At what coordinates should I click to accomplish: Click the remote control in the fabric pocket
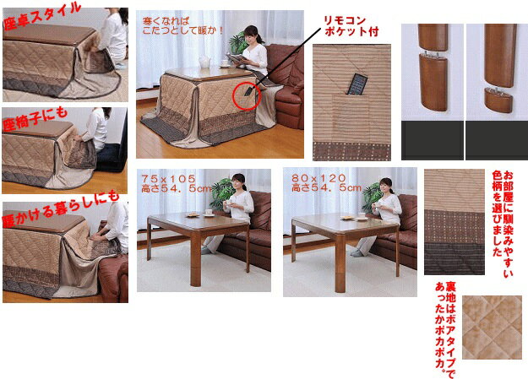[357, 85]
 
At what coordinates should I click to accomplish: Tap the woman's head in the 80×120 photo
[388, 184]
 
